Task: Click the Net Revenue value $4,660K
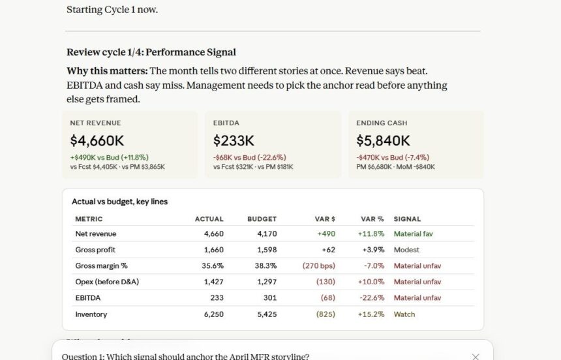[x=97, y=141]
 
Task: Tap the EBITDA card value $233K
[x=234, y=141]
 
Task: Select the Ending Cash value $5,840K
[x=383, y=141]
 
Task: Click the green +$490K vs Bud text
[x=109, y=157]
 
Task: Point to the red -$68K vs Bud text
[x=250, y=157]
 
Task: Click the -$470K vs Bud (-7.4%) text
[x=393, y=157]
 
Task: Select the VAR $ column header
[x=325, y=219]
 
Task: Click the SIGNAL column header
[x=407, y=219]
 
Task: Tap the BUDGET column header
[x=262, y=219]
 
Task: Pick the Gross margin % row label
[x=101, y=266]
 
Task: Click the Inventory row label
[x=91, y=314]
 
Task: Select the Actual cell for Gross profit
[x=213, y=250]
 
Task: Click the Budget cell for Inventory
[x=267, y=314]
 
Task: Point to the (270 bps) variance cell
[x=319, y=266]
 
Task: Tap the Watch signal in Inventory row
[x=404, y=314]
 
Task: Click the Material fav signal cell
[x=413, y=234]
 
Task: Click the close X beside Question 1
[x=476, y=357]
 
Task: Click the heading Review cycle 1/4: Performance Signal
[x=151, y=52]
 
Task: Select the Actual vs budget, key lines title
[x=120, y=202]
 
